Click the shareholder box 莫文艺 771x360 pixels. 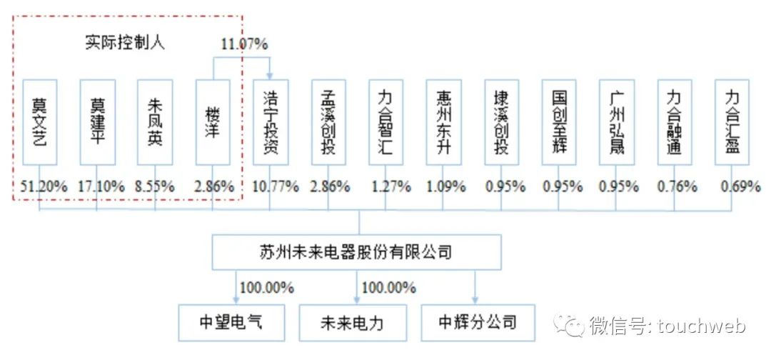click(40, 122)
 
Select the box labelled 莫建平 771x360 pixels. click(98, 122)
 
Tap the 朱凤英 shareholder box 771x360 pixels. click(155, 122)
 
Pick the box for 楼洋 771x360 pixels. click(213, 122)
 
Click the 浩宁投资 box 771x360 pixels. click(271, 122)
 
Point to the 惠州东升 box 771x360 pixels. click(443, 122)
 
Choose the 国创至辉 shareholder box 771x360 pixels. click(559, 122)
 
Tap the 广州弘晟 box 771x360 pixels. click(617, 122)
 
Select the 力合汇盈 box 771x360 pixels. click(732, 122)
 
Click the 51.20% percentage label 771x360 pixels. click(44, 186)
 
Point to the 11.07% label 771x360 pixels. click(244, 44)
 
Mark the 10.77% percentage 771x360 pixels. click(276, 186)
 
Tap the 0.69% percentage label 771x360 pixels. click(740, 186)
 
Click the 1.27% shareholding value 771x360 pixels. click(391, 186)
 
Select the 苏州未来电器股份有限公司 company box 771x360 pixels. click(356, 252)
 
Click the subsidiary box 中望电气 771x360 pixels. click(231, 323)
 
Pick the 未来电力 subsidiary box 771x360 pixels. click(353, 323)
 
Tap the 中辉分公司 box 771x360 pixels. click(478, 323)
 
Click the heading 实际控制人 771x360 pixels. click(125, 43)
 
